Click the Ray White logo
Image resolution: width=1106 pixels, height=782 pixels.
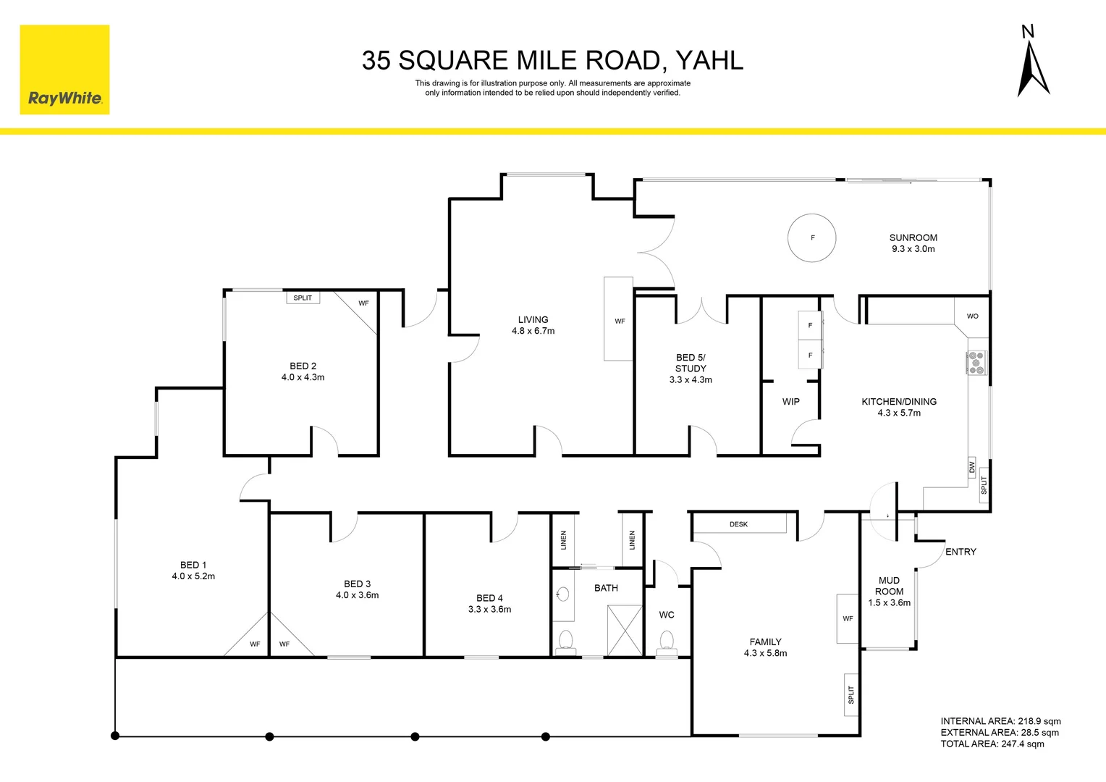64,70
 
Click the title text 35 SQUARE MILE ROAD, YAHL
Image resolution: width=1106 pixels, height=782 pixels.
552,61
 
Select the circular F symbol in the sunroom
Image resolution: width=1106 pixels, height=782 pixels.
811,237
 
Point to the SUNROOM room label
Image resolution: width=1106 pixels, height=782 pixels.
913,237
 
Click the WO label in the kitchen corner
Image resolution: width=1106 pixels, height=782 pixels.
972,316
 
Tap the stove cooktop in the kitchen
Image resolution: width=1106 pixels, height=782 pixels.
976,363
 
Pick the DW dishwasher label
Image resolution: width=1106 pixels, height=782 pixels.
972,467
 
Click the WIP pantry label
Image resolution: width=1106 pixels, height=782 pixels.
790,402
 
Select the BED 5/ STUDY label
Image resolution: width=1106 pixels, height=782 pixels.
691,363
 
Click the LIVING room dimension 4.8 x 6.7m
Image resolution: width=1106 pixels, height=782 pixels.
533,332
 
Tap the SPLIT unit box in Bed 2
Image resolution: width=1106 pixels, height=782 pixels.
303,298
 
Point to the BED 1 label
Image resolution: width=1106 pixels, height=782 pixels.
193,565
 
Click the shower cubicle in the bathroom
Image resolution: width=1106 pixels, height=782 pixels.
625,630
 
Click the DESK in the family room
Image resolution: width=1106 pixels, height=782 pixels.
739,524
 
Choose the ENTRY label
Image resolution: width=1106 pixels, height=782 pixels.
961,552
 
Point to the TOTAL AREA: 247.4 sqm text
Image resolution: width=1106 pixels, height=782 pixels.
992,744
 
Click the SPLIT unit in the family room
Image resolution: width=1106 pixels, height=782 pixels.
851,695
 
